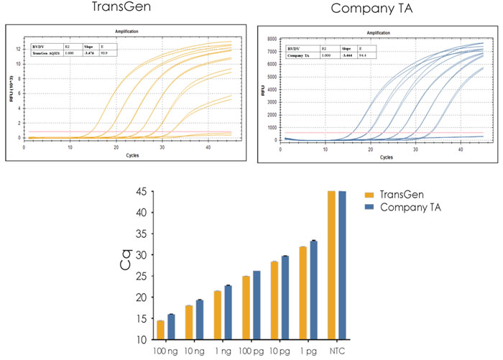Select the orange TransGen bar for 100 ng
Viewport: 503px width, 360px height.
[160, 330]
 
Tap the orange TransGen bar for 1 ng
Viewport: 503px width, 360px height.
[217, 315]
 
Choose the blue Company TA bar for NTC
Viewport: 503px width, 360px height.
[342, 265]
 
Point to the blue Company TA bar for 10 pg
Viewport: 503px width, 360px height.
[285, 297]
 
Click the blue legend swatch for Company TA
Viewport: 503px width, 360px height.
[369, 207]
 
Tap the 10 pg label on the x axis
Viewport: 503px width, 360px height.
[280, 351]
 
